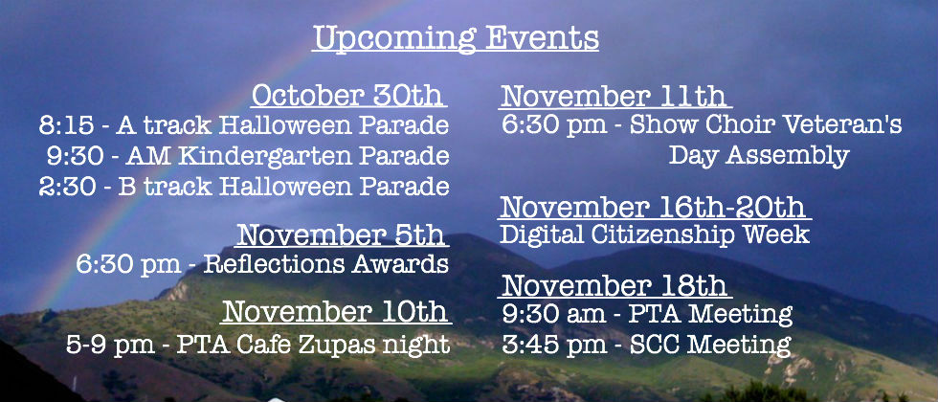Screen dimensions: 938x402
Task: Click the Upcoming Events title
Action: click(456, 38)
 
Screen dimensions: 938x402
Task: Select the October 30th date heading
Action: click(348, 95)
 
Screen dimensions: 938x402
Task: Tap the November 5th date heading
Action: click(341, 235)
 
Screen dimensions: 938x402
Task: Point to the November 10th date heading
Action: click(335, 311)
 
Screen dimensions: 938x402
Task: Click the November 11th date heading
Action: click(614, 96)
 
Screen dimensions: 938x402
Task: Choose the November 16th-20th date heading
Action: click(653, 207)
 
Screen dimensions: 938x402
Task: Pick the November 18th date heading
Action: click(614, 285)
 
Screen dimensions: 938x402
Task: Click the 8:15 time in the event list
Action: click(66, 125)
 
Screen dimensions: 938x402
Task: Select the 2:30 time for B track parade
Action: click(66, 187)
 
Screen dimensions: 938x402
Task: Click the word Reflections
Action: click(274, 264)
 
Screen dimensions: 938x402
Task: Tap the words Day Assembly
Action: click(759, 155)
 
